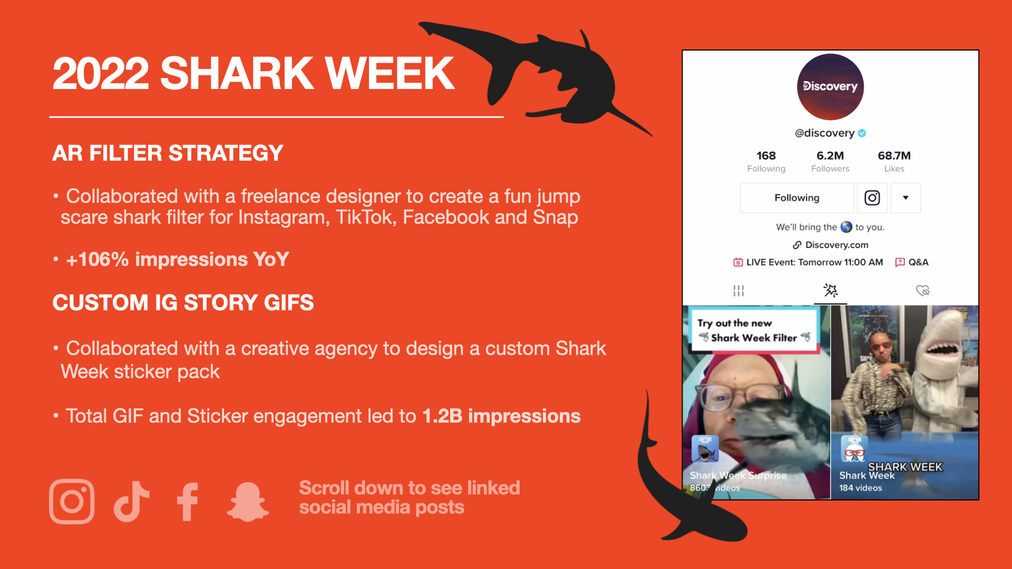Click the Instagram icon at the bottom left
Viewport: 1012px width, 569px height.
72,501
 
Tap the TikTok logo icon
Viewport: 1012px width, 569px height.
131,501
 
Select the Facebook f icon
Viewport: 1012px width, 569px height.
188,502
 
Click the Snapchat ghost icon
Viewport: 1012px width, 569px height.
248,502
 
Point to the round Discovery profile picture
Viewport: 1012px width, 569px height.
830,87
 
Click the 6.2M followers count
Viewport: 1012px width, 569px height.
830,155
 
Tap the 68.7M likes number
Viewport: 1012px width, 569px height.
894,155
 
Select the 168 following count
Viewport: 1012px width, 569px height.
766,155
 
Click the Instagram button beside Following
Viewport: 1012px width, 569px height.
872,198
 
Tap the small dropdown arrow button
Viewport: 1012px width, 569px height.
906,198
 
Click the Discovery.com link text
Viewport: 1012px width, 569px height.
836,245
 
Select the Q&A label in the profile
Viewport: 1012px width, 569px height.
918,262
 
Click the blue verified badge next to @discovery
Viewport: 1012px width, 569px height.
862,133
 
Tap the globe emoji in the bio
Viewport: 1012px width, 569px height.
846,227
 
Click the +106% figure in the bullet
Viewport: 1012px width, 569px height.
98,259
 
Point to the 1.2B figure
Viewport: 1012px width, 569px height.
442,416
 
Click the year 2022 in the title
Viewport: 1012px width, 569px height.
101,73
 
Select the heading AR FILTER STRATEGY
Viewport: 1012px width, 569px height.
168,153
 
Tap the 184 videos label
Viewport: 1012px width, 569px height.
860,488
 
